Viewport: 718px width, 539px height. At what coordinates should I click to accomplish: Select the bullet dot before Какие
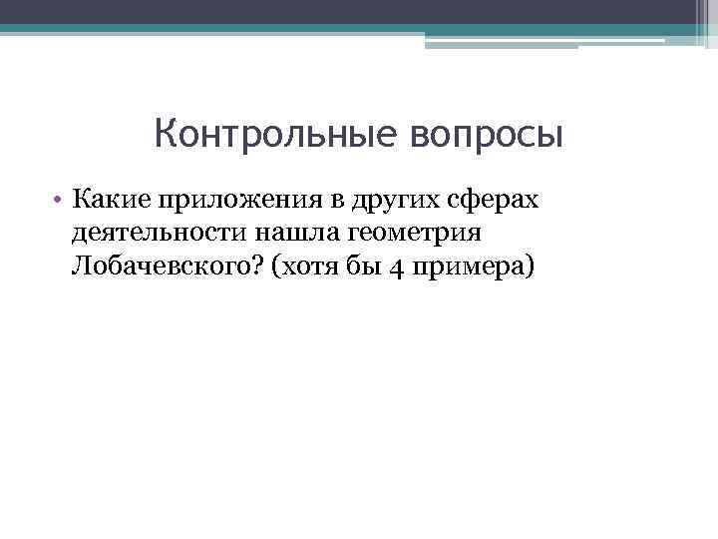click(x=60, y=200)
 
